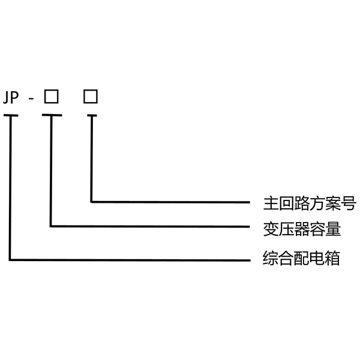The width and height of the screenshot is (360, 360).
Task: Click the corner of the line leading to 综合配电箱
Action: pyautogui.click(x=10, y=260)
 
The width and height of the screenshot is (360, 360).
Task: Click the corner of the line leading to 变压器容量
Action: pyautogui.click(x=52, y=226)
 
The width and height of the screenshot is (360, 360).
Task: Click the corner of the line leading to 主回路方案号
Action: pyautogui.click(x=91, y=201)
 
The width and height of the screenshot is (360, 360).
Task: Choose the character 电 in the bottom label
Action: pyautogui.click(x=317, y=259)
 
